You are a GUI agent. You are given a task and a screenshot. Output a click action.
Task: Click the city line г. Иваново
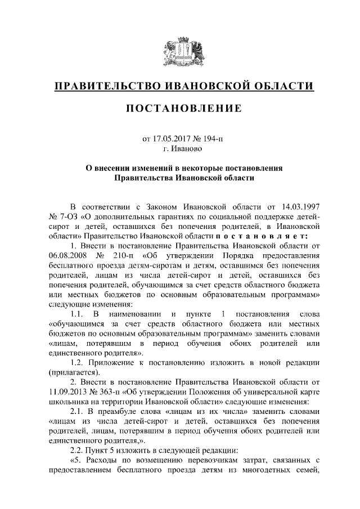pos(180,149)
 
